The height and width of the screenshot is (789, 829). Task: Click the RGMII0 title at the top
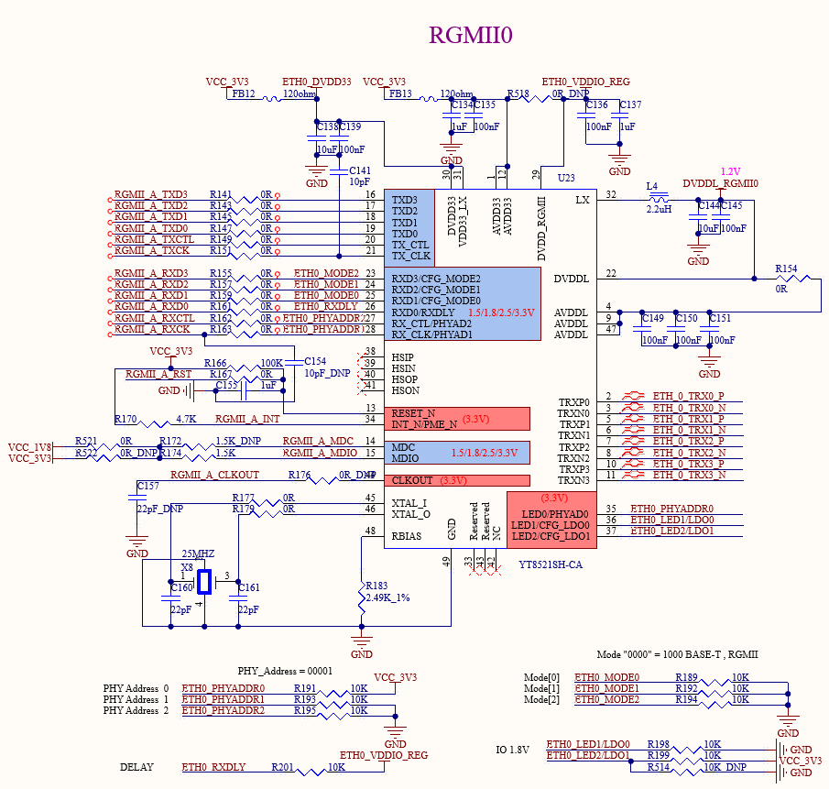471,35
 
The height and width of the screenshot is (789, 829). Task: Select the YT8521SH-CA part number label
551,565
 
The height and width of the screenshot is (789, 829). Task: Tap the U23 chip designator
566,177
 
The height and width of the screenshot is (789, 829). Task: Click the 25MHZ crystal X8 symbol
203,581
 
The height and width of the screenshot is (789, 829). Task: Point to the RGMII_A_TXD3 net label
151,194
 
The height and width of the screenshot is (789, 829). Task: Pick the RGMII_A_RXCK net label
152,329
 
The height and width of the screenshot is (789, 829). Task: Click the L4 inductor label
652,187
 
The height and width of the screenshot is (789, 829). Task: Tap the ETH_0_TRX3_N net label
689,475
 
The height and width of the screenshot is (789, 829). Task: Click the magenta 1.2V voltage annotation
730,171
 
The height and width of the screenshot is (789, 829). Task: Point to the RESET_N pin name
413,413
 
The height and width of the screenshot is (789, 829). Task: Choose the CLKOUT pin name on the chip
412,480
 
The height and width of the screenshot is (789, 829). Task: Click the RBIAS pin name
407,536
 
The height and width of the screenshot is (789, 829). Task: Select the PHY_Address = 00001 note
285,671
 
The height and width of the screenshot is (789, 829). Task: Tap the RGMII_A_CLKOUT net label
214,475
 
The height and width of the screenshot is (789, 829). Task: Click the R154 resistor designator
786,269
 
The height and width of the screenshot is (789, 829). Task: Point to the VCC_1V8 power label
29,446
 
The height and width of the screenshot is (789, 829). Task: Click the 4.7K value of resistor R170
186,419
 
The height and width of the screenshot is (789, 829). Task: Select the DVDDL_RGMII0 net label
720,183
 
